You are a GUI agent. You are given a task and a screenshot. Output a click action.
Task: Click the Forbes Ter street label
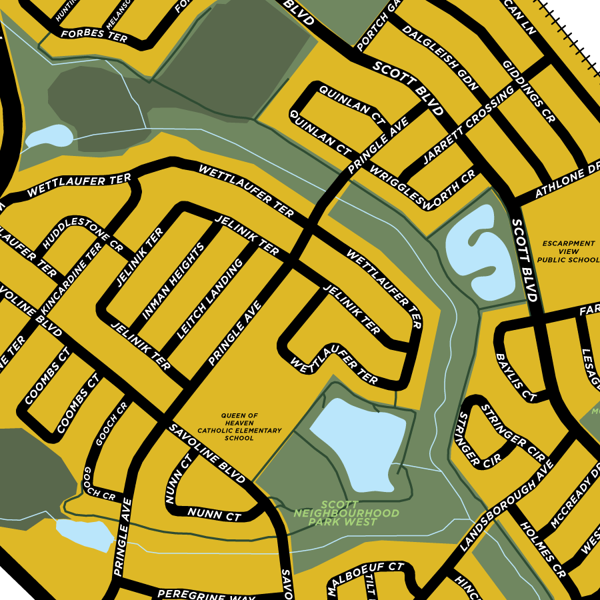(x=94, y=36)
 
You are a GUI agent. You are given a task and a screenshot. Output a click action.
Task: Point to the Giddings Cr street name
(x=529, y=94)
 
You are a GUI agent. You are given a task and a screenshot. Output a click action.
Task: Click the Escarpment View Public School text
(x=567, y=252)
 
